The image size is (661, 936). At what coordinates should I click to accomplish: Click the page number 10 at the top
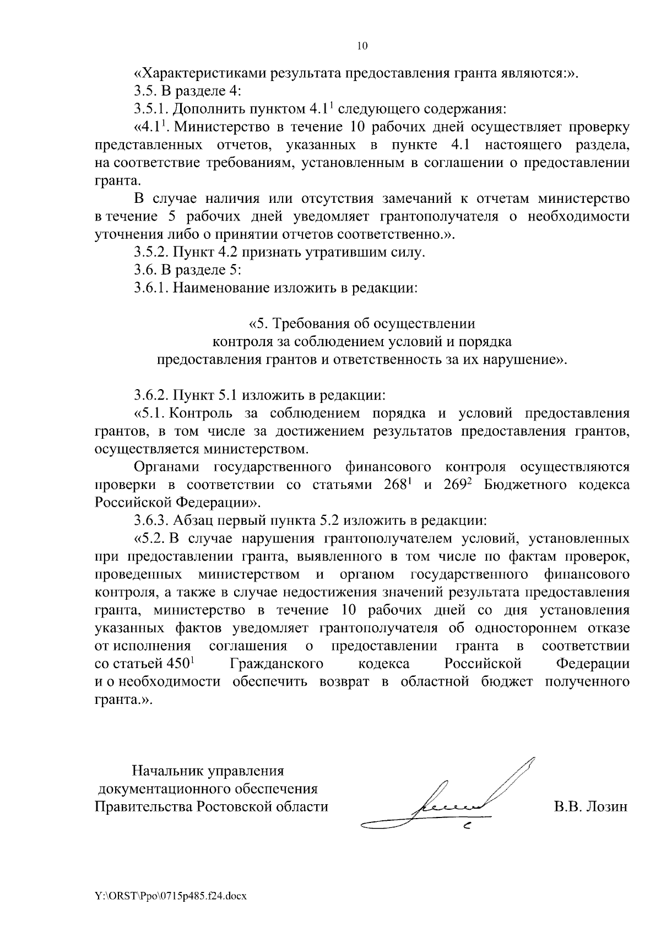click(362, 46)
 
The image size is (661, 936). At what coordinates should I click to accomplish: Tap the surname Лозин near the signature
click(605, 806)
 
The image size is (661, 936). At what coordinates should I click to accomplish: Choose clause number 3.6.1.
click(151, 288)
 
